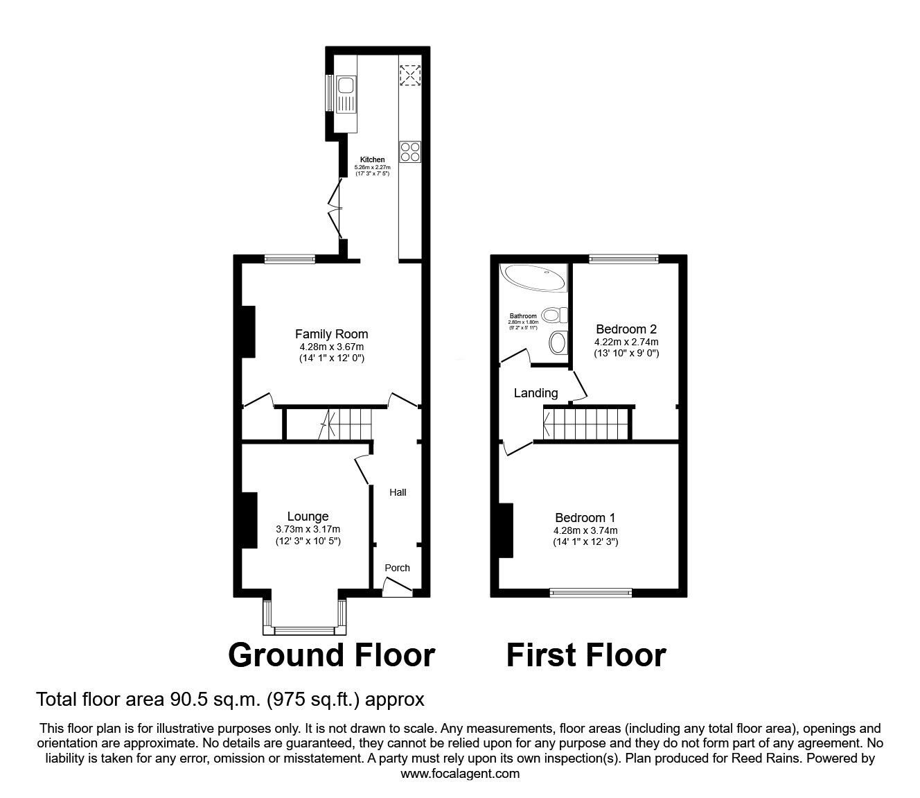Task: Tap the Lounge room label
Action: click(308, 517)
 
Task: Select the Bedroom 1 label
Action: click(585, 518)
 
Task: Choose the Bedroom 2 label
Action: click(626, 329)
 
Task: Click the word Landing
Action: click(536, 393)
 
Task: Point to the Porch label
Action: click(397, 568)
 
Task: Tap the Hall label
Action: click(398, 492)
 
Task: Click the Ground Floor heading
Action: click(331, 655)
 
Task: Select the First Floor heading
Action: click(585, 655)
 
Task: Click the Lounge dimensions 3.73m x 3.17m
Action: click(308, 530)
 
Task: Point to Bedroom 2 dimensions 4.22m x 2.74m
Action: click(626, 342)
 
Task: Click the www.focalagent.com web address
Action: click(460, 774)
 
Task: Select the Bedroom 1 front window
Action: click(591, 592)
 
